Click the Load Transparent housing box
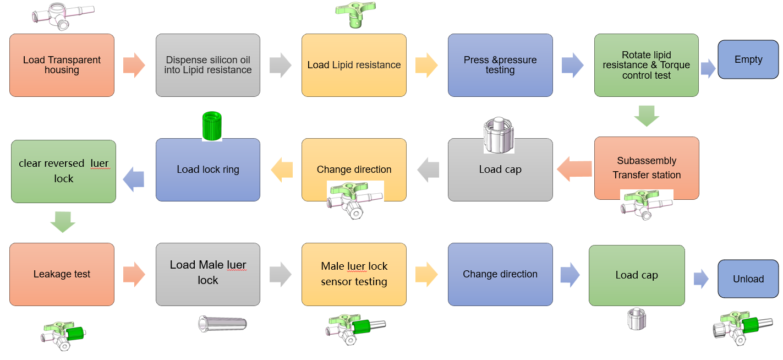[x=62, y=65]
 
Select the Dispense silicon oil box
[x=208, y=65]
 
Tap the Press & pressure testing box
[x=500, y=65]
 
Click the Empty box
[x=748, y=59]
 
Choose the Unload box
[x=748, y=279]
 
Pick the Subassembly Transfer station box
[x=647, y=168]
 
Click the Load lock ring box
[x=208, y=170]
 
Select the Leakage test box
[x=62, y=274]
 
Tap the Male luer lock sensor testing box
[x=354, y=274]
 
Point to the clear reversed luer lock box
[x=63, y=171]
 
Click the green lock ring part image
[x=211, y=126]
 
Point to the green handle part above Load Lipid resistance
[x=355, y=14]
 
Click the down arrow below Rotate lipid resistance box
[x=647, y=116]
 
